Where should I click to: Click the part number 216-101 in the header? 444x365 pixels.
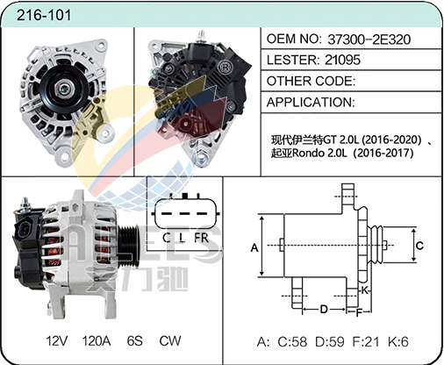point(44,15)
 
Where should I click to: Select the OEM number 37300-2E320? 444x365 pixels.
point(369,39)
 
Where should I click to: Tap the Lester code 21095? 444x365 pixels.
point(342,60)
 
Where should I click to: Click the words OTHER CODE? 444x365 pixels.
point(311,81)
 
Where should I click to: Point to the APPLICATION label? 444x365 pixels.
point(311,102)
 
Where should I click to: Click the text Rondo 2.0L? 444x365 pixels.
point(319,153)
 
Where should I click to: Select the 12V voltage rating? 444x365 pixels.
point(57,341)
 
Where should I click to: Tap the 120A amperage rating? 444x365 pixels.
point(97,341)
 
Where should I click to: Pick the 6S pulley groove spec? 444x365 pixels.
point(135,341)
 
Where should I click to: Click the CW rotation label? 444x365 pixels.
point(170,341)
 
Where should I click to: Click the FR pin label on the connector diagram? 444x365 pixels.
point(201,238)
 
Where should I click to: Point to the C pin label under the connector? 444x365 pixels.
point(167,238)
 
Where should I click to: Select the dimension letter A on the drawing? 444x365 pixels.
point(254,247)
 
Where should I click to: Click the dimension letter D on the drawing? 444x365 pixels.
point(324,309)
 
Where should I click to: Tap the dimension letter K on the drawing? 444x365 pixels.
point(364,290)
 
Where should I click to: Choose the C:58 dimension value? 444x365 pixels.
point(292,341)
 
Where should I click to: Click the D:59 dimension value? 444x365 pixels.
point(330,341)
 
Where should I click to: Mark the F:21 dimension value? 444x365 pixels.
point(366,341)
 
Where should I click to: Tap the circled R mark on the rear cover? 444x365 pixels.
point(225,68)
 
